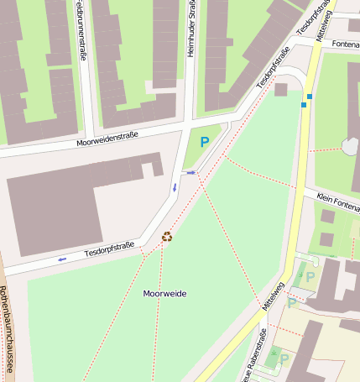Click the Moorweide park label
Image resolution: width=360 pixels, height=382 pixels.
point(164,293)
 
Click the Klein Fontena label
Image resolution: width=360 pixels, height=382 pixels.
point(337,200)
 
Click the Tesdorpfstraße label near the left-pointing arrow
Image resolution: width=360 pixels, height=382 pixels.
point(109,249)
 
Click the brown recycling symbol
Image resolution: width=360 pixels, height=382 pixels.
point(167,236)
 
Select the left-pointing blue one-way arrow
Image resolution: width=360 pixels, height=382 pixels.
point(62,259)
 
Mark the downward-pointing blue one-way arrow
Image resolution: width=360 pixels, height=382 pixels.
point(175,186)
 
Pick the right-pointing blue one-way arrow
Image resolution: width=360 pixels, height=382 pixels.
point(191,172)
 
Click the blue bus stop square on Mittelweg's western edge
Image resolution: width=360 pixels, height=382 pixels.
point(304,105)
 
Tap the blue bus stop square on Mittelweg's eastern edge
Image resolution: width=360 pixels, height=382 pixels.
point(310,97)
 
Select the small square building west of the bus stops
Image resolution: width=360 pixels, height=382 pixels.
point(281,89)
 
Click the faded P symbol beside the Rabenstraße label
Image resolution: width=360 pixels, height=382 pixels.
point(284,359)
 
